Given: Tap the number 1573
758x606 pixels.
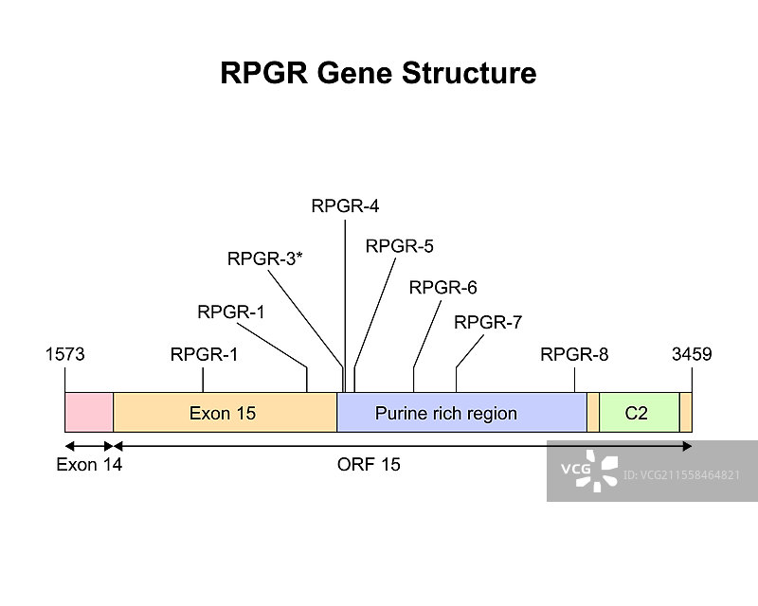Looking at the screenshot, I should point(65,355).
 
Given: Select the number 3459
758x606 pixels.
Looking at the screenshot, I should point(692,355).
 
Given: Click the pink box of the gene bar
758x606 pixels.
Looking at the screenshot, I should point(89,413).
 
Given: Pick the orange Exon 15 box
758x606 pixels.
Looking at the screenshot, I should point(225,413).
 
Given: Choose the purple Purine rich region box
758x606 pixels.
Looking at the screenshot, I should point(461,413).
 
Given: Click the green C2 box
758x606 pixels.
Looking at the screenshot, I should point(639,413).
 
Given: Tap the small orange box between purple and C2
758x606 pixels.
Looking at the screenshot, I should point(593,413).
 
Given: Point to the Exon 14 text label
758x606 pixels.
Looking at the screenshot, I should point(89,465).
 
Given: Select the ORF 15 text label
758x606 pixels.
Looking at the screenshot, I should point(369,465).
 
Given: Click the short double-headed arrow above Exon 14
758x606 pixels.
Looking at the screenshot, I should point(89,445).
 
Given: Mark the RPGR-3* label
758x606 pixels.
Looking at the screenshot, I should point(264,258).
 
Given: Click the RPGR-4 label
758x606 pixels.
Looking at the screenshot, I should point(345,205).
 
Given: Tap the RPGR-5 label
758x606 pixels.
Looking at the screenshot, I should point(399,246).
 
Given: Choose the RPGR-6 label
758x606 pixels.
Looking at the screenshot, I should point(442,287).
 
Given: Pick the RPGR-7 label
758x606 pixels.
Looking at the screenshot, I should point(488,322).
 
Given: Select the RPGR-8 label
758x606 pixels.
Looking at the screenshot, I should point(574,355).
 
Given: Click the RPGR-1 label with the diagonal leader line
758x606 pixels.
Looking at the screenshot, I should point(231,312).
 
